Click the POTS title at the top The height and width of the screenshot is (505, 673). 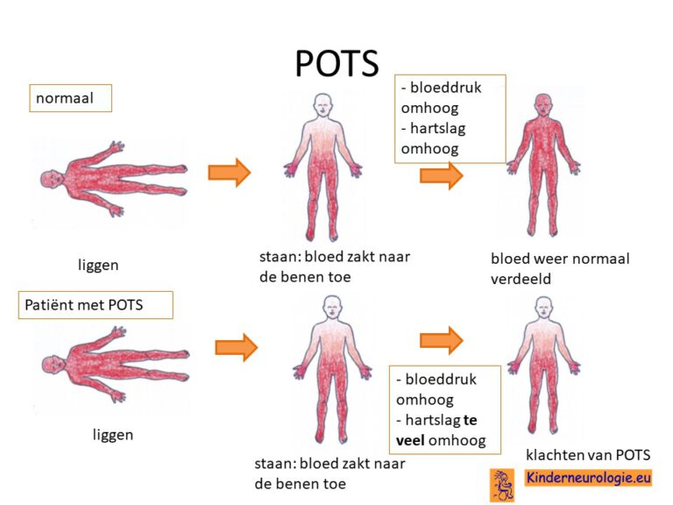[336, 62]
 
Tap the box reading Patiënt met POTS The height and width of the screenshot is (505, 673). [96, 306]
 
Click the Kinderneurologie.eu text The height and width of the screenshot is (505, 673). [588, 479]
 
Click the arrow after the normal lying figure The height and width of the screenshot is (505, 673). [229, 173]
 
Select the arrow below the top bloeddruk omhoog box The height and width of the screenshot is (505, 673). [441, 175]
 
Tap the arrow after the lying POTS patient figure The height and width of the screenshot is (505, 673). [236, 347]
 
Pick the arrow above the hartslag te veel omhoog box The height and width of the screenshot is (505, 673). [441, 339]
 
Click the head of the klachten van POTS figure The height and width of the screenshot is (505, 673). [544, 308]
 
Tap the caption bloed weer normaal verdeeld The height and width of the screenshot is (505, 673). [559, 267]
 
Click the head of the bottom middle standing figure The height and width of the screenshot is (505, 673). [331, 307]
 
